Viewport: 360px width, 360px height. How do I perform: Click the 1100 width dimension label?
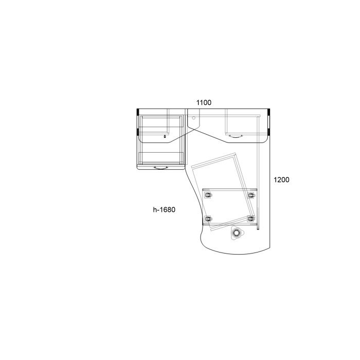click(x=204, y=103)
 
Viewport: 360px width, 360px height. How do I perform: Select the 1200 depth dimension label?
click(x=281, y=180)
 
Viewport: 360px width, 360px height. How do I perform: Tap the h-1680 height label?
click(x=164, y=210)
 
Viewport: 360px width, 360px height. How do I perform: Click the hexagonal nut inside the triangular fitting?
click(x=236, y=233)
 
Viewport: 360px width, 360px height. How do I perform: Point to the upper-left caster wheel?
click(x=208, y=195)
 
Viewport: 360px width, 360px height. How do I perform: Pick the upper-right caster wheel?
click(x=251, y=195)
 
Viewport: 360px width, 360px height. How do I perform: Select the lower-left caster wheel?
click(x=208, y=219)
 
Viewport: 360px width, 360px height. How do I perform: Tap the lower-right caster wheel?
click(x=251, y=219)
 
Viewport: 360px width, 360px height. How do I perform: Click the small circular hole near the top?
click(x=193, y=118)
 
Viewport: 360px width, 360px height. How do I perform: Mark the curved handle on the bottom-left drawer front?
click(x=160, y=168)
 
